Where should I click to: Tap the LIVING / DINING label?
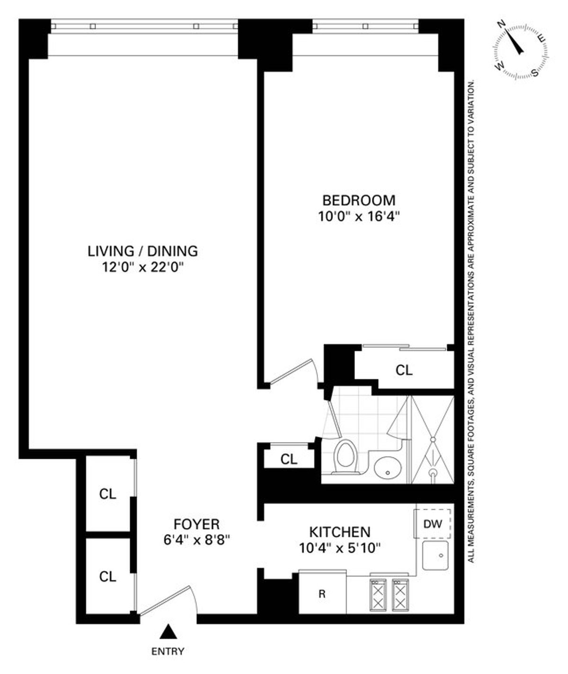pyautogui.click(x=142, y=251)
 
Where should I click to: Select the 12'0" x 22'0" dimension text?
pyautogui.click(x=142, y=267)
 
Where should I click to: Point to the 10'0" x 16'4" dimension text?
pyautogui.click(x=359, y=217)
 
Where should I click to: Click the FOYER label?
pyautogui.click(x=196, y=524)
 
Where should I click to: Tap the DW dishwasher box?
pyautogui.click(x=433, y=524)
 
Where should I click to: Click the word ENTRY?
pyautogui.click(x=168, y=651)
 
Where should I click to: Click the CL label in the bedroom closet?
pyautogui.click(x=404, y=370)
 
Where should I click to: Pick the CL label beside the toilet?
pyautogui.click(x=289, y=459)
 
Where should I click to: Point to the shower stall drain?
pyautogui.click(x=432, y=472)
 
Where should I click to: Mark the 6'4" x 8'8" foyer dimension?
pyautogui.click(x=196, y=540)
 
